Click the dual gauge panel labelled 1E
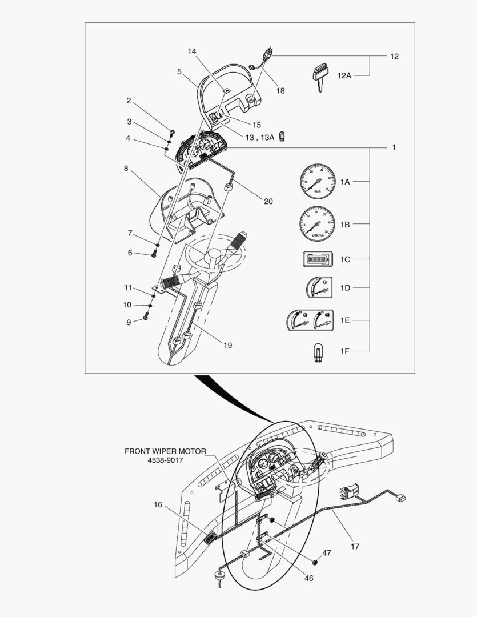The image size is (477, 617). click(x=308, y=320)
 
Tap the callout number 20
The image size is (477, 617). click(x=268, y=201)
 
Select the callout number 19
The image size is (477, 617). click(x=227, y=345)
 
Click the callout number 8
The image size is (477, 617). click(x=125, y=169)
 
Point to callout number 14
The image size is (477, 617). click(x=191, y=51)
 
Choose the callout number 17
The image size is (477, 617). click(x=355, y=546)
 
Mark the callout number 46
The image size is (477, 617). click(x=308, y=578)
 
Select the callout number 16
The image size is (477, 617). click(x=158, y=504)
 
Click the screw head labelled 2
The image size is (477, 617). click(x=170, y=127)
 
